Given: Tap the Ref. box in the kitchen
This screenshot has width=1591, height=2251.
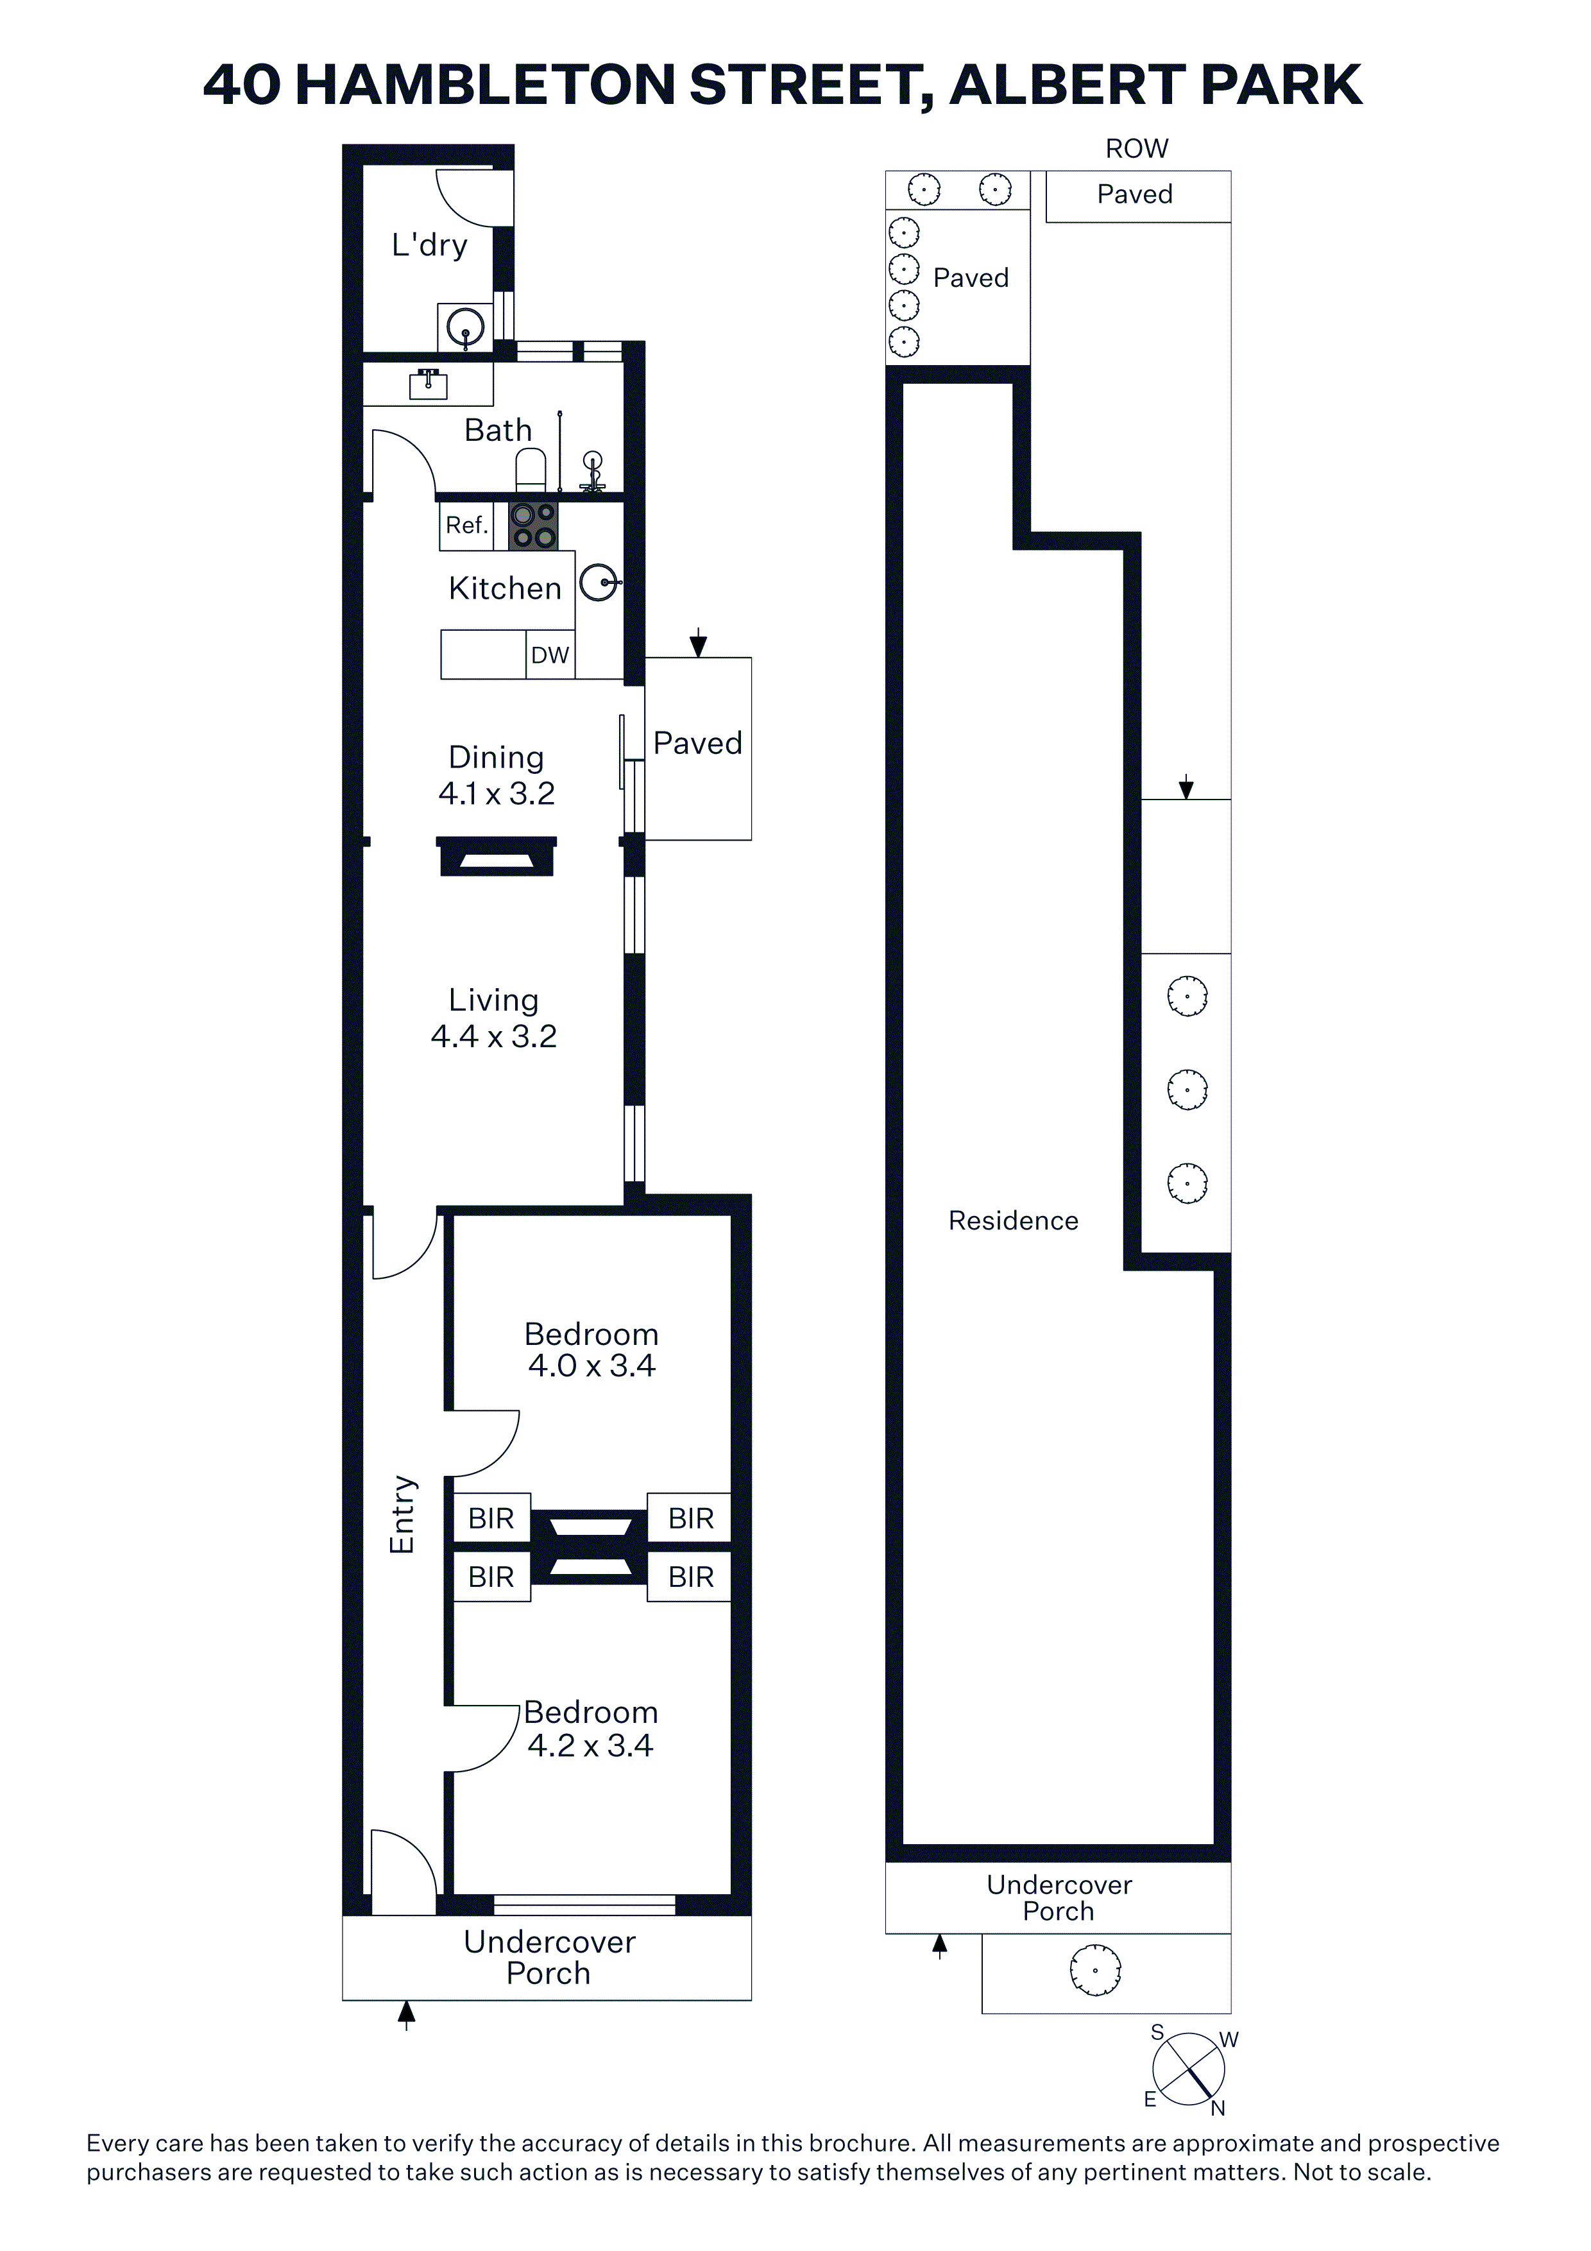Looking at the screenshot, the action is pos(466,526).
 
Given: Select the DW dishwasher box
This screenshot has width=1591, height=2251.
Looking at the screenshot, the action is pos(550,655).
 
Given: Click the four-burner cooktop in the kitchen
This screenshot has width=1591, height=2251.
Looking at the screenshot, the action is pos(533,526).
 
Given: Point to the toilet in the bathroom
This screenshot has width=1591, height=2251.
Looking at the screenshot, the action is pos(531,470).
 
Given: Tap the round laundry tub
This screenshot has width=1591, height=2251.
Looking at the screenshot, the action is pos(466,327).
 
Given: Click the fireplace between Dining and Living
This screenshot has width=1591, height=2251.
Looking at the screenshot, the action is pos(497,856).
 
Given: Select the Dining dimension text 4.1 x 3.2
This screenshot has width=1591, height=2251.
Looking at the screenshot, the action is pos(497,793).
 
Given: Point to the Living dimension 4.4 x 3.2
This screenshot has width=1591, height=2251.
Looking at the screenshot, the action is pos(494,1036).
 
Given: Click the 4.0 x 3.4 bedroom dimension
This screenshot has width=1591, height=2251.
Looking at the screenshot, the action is pos(591,1365).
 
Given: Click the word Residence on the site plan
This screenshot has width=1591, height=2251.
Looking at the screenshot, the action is pos(1014,1220).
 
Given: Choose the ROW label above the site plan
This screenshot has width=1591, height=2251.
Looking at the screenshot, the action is pos(1137,149).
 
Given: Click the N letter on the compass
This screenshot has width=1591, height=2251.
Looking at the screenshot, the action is pos(1218,2109).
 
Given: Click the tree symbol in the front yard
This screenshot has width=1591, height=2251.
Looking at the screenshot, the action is pos(1095,1971).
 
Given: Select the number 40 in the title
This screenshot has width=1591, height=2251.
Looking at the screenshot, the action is pos(241,85).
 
